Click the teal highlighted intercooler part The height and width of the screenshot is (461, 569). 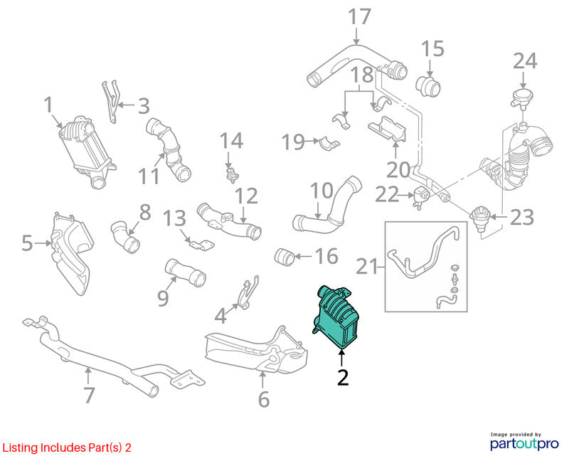click(x=336, y=317)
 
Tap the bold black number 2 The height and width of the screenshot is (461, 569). click(x=343, y=378)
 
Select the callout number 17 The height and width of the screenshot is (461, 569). click(x=359, y=16)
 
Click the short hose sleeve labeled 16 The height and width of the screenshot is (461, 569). click(x=284, y=257)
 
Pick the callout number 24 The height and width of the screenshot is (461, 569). click(x=525, y=61)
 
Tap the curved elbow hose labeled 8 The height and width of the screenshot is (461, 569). click(x=125, y=237)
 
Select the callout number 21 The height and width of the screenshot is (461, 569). click(x=367, y=267)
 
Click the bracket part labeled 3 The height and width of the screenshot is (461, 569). click(x=110, y=101)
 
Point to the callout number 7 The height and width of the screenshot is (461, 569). click(x=90, y=396)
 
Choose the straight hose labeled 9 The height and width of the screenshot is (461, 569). click(x=186, y=272)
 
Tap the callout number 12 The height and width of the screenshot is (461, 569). click(x=246, y=196)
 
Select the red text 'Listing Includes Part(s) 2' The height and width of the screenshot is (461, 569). click(x=67, y=447)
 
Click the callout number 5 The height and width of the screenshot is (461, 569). click(x=27, y=243)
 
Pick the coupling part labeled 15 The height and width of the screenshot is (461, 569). click(x=428, y=87)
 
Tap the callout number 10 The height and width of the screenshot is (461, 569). click(x=321, y=191)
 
